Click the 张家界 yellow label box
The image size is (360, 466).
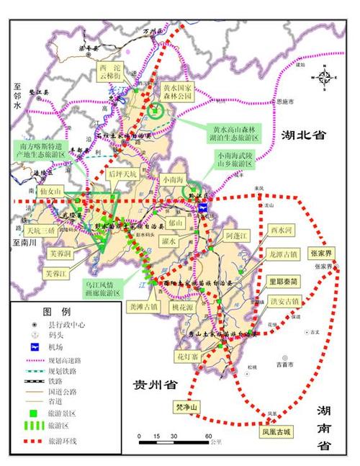[x=321, y=254]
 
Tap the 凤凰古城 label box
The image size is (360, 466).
[x=277, y=433]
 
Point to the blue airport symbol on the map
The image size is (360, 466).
[x=204, y=207]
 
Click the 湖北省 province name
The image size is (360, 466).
[x=302, y=135]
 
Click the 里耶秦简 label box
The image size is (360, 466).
[x=282, y=282]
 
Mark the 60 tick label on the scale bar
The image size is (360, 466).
[x=207, y=436]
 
